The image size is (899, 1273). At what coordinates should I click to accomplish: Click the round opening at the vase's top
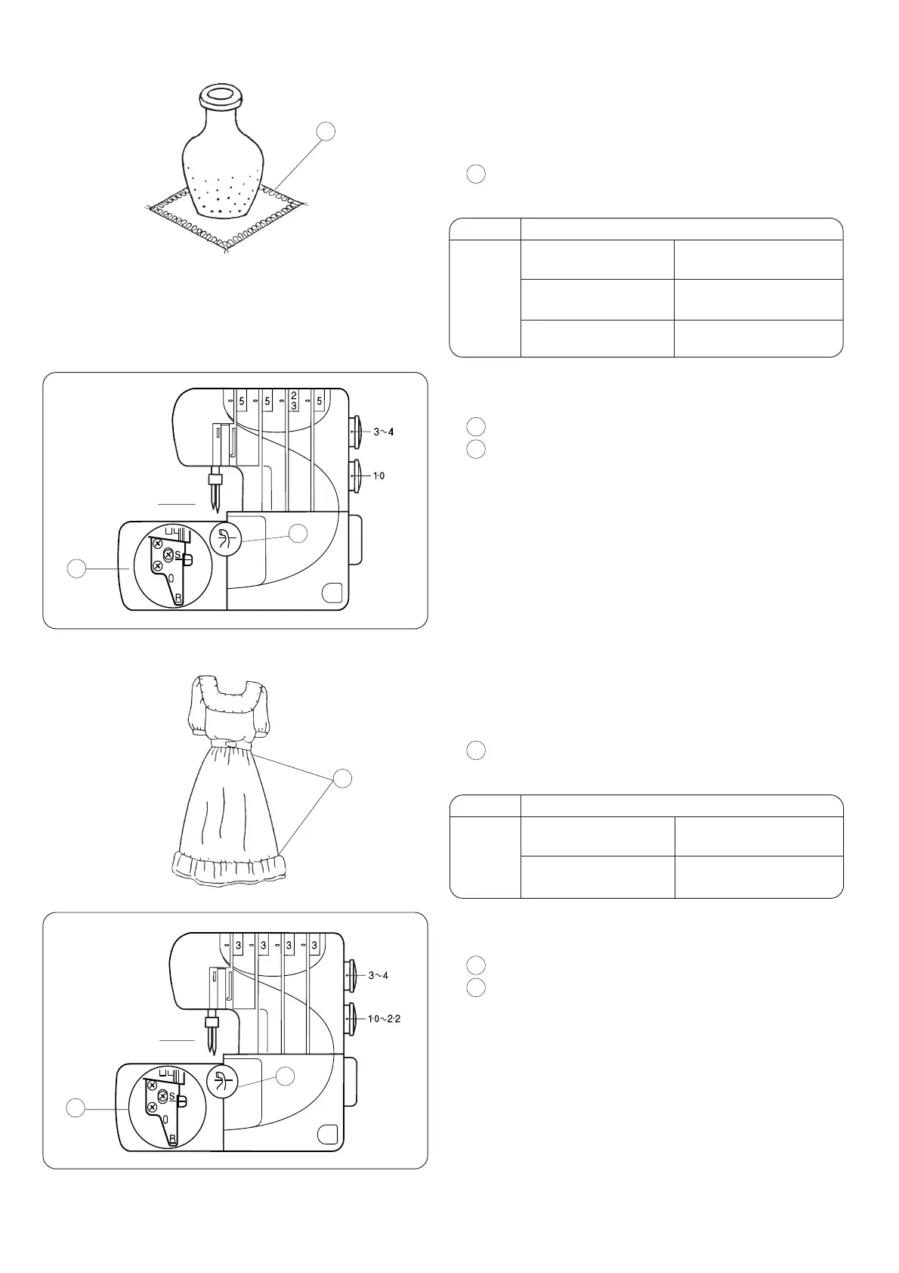point(220,96)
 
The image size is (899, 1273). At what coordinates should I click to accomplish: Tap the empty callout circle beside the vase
point(326,131)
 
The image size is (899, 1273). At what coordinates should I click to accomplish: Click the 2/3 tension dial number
point(293,401)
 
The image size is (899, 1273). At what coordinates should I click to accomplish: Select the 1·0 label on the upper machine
point(378,475)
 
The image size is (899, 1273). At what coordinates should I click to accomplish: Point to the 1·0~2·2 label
point(385,1018)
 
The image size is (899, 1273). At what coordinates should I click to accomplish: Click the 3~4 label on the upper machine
point(384,432)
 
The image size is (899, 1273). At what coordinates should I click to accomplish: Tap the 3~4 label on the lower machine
point(378,975)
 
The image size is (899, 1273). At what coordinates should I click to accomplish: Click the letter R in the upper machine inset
point(178,598)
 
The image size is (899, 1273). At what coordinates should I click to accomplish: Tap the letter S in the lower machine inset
point(172,1096)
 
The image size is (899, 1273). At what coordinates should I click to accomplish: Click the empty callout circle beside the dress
point(344,778)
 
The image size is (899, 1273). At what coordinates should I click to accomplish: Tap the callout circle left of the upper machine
point(76,568)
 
